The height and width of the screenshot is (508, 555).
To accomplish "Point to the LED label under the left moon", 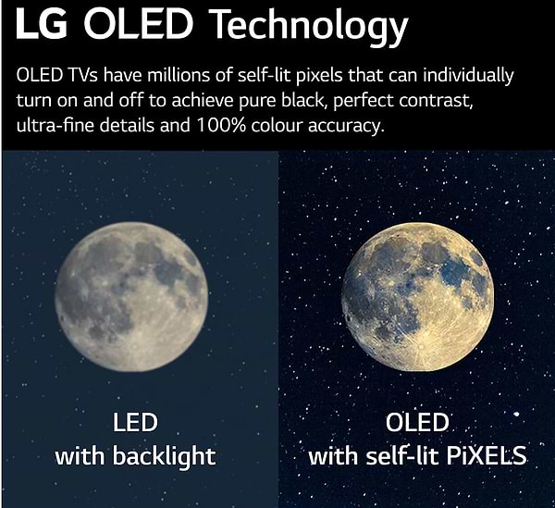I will [x=135, y=423].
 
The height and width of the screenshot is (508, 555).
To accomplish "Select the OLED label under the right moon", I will [x=416, y=423].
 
